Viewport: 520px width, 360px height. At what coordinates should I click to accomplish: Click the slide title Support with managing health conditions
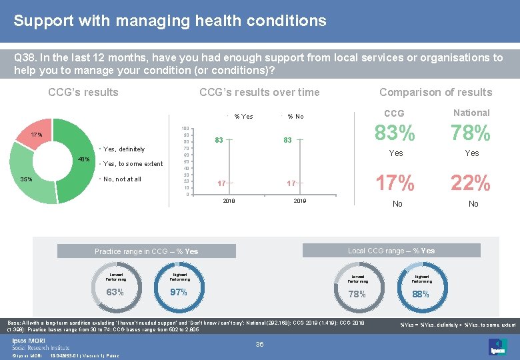click(x=170, y=21)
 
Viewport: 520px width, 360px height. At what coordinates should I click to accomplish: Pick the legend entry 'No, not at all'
click(x=122, y=179)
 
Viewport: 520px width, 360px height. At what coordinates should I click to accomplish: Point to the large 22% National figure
click(x=471, y=182)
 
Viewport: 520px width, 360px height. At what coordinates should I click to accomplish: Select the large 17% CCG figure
click(x=395, y=182)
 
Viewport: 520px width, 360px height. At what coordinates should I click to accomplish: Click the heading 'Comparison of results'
click(x=435, y=93)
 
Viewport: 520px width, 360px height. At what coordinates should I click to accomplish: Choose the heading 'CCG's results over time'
click(x=259, y=93)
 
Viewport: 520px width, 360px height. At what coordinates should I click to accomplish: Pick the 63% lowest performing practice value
click(x=115, y=292)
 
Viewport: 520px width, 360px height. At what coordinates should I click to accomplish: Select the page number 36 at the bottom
click(x=261, y=344)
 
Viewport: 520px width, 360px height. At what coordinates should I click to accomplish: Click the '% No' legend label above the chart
click(x=295, y=117)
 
